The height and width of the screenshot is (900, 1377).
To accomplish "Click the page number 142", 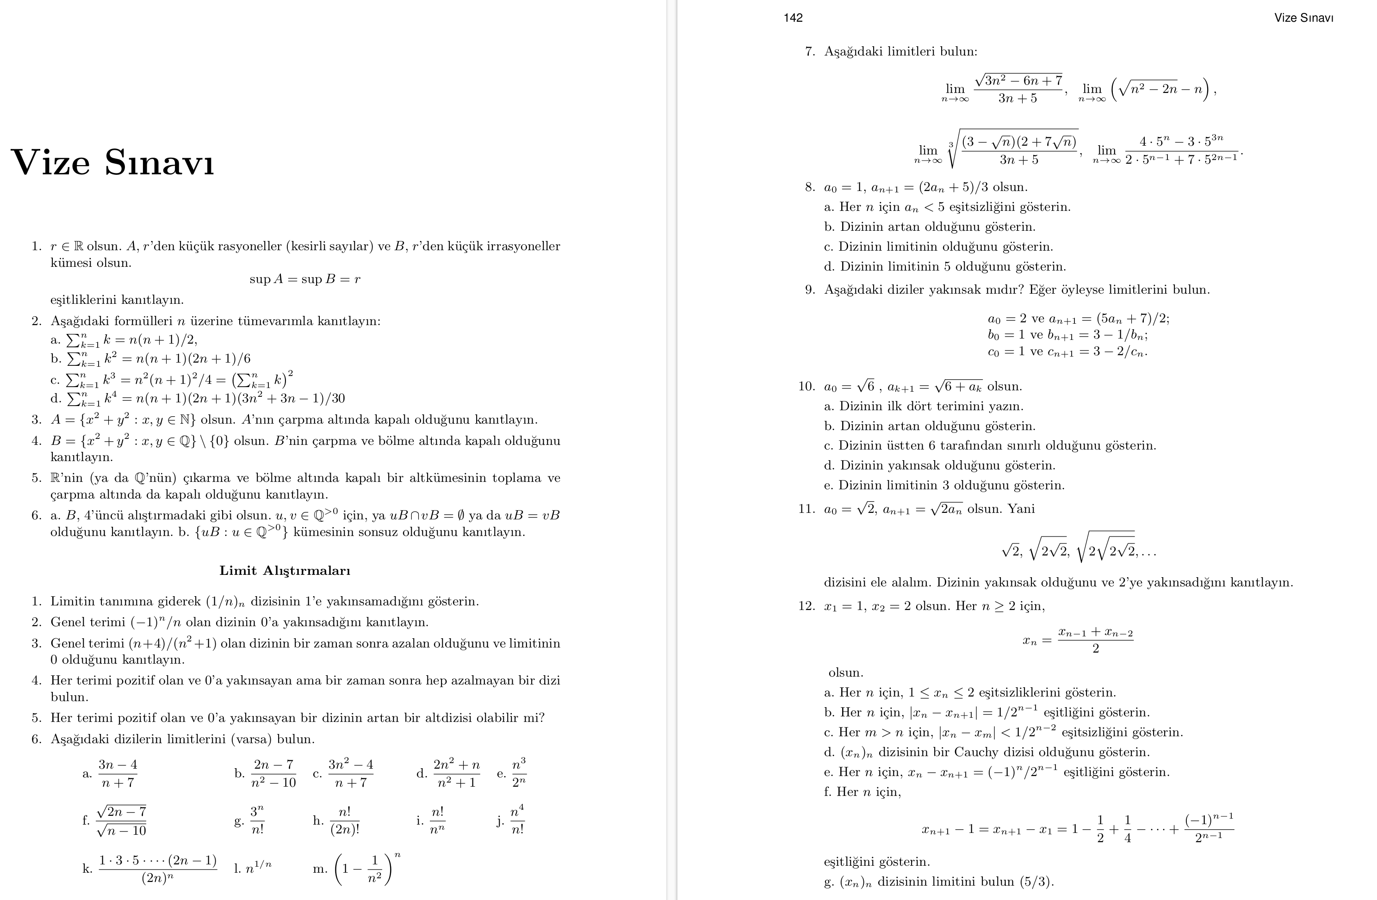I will [x=793, y=18].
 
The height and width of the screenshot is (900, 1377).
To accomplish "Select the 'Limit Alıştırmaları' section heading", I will [x=285, y=571].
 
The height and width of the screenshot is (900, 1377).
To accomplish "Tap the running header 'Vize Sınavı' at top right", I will [x=1303, y=18].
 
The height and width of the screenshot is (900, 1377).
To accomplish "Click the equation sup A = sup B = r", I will [x=305, y=279].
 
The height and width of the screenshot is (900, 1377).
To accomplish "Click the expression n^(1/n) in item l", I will [x=258, y=868].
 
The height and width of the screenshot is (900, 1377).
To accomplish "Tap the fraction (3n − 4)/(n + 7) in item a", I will [x=118, y=773].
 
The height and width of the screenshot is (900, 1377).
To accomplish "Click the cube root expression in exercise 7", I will [x=1012, y=149].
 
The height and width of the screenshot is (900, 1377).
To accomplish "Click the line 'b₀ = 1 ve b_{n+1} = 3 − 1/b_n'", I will [x=1067, y=335].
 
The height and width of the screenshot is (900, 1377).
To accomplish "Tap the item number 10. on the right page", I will [x=806, y=386].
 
